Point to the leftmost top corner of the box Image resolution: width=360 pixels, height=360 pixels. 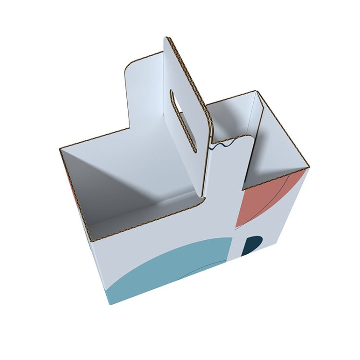61,149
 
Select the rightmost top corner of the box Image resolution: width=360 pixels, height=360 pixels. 308,167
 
